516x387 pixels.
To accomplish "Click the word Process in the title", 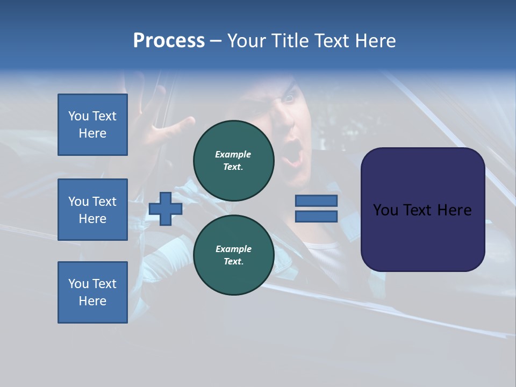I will click(169, 41).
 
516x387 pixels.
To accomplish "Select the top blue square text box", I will click(92, 125).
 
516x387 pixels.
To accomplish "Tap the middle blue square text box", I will click(92, 210).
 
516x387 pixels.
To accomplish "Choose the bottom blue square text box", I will click(92, 292).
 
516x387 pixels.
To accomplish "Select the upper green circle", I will click(233, 161).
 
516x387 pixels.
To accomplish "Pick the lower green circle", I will click(233, 255).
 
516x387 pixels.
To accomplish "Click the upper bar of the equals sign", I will click(316, 201).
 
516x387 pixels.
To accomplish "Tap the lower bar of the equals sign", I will click(316, 217).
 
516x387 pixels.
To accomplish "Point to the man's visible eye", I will click(289, 98).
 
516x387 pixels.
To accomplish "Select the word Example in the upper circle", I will click(233, 154).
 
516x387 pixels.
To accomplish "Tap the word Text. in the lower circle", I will click(233, 262).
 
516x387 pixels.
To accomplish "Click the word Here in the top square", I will click(92, 133).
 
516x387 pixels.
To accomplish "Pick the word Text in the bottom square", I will click(105, 284).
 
